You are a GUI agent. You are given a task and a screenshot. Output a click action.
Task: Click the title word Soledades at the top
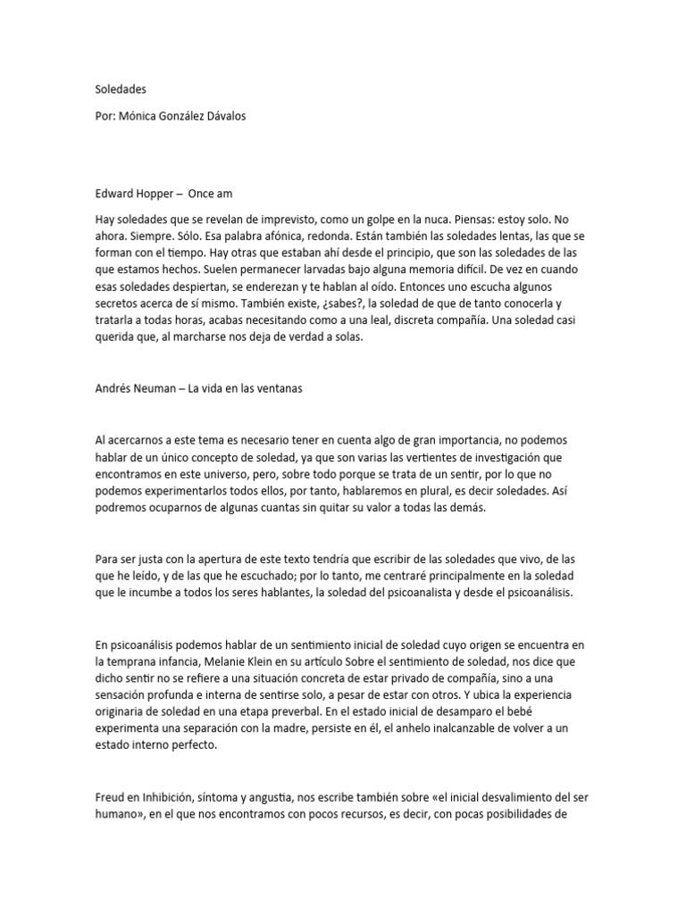[121, 89]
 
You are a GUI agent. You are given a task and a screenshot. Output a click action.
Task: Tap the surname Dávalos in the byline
[269, 118]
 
